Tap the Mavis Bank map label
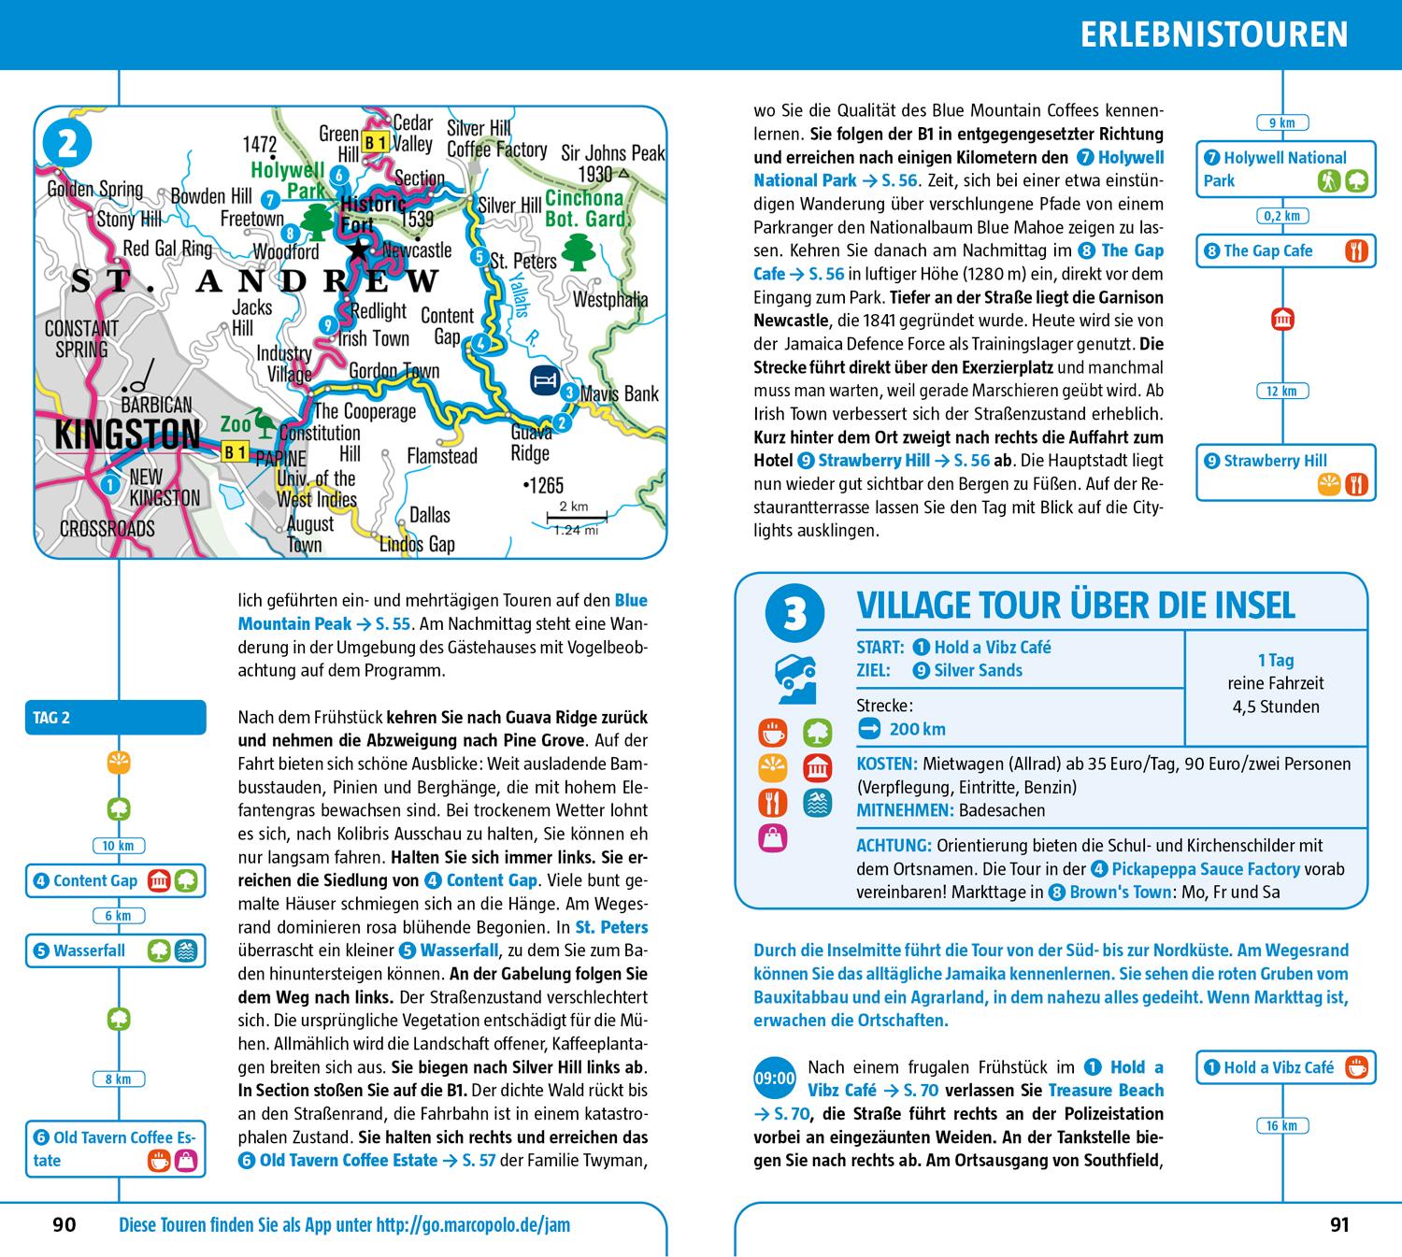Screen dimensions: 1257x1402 tap(620, 393)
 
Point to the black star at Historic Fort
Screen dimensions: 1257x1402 tap(358, 249)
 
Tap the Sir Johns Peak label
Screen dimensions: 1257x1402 tap(612, 152)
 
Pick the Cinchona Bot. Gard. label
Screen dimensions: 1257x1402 tap(584, 208)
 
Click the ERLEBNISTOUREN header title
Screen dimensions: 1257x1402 tap(1213, 35)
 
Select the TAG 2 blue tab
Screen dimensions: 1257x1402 tap(115, 718)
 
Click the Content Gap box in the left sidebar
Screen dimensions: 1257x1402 tap(115, 880)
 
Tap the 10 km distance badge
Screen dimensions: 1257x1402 tap(119, 846)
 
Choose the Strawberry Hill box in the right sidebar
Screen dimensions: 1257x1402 tap(1285, 472)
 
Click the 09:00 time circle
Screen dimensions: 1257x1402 tap(774, 1078)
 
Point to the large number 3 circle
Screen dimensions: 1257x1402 tap(794, 616)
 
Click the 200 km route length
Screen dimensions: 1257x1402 tap(917, 729)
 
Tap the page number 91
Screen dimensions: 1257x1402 tap(1339, 1224)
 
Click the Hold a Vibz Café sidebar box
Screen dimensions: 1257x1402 tap(1285, 1067)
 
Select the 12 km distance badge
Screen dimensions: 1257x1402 tap(1281, 391)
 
